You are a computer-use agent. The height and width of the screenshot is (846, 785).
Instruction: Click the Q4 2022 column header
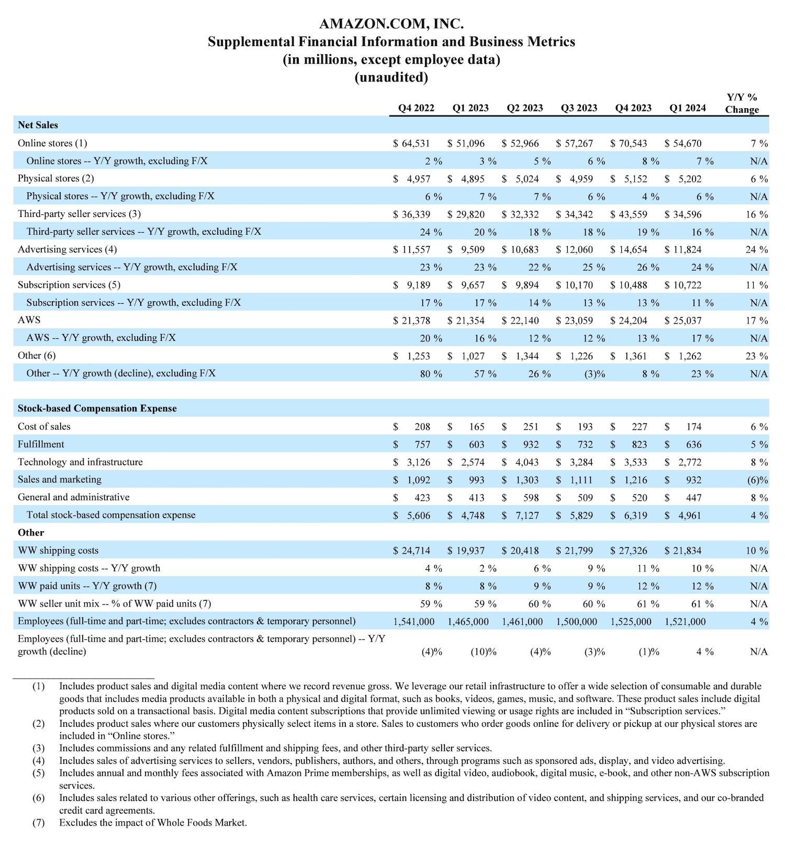[416, 108]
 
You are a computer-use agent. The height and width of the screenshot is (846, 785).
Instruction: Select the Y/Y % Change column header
[742, 104]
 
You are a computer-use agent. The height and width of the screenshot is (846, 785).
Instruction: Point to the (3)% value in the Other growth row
[594, 374]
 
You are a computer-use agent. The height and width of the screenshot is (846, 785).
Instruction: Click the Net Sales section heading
[38, 125]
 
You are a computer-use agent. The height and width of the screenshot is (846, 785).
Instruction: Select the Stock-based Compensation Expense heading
[97, 409]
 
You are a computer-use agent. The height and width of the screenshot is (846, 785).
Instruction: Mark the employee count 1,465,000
[468, 622]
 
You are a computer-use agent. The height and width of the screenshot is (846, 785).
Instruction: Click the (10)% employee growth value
[483, 652]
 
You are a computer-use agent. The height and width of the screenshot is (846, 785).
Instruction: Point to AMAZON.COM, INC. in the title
[391, 24]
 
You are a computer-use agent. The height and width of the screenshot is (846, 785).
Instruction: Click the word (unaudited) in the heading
[391, 77]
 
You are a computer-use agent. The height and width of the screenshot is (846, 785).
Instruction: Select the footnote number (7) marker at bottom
[38, 822]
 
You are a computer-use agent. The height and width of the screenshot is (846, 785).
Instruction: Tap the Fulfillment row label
[41, 444]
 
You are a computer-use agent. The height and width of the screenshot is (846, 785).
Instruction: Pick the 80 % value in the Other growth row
[431, 374]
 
